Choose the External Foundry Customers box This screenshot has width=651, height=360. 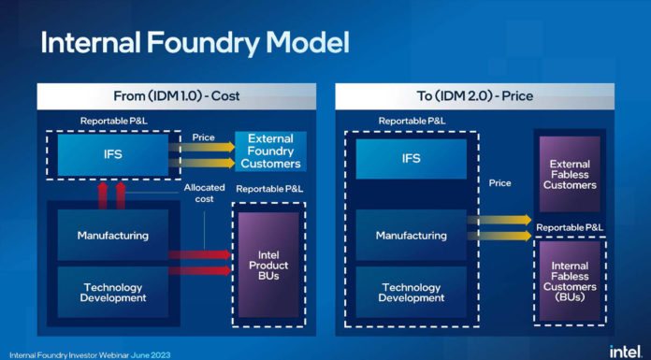(269, 151)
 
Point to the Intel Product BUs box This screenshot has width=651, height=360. (268, 266)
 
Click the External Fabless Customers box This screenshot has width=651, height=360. (570, 175)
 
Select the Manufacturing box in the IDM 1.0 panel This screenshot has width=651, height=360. (113, 236)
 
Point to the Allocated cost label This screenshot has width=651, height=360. (204, 194)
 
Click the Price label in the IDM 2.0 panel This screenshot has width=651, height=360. (500, 183)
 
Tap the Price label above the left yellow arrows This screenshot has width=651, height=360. (203, 137)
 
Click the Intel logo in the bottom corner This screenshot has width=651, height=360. (624, 351)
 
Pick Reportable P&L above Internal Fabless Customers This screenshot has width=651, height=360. (570, 227)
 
